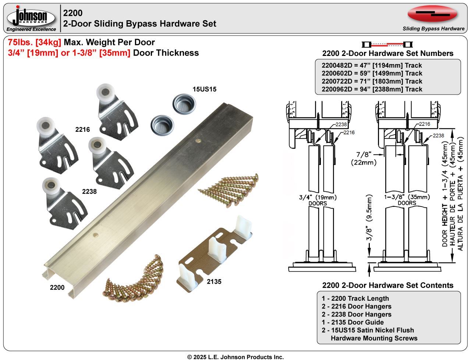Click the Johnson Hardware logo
(31, 18)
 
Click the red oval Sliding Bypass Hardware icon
(432, 14)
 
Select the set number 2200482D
(337, 66)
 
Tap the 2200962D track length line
(372, 89)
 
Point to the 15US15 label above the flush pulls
(204, 89)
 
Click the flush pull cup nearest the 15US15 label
(184, 104)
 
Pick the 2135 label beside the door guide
(214, 282)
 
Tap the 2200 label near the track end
(57, 287)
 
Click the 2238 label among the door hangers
(89, 191)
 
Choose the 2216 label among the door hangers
(82, 130)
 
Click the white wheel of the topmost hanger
(106, 92)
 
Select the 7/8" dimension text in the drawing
(364, 155)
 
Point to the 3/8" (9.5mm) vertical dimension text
(369, 218)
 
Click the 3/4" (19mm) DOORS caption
(318, 200)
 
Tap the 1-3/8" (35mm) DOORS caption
(407, 200)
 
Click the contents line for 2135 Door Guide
(353, 322)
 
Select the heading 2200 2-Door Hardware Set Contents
(388, 285)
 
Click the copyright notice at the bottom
(235, 357)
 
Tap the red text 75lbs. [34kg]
(35, 42)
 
